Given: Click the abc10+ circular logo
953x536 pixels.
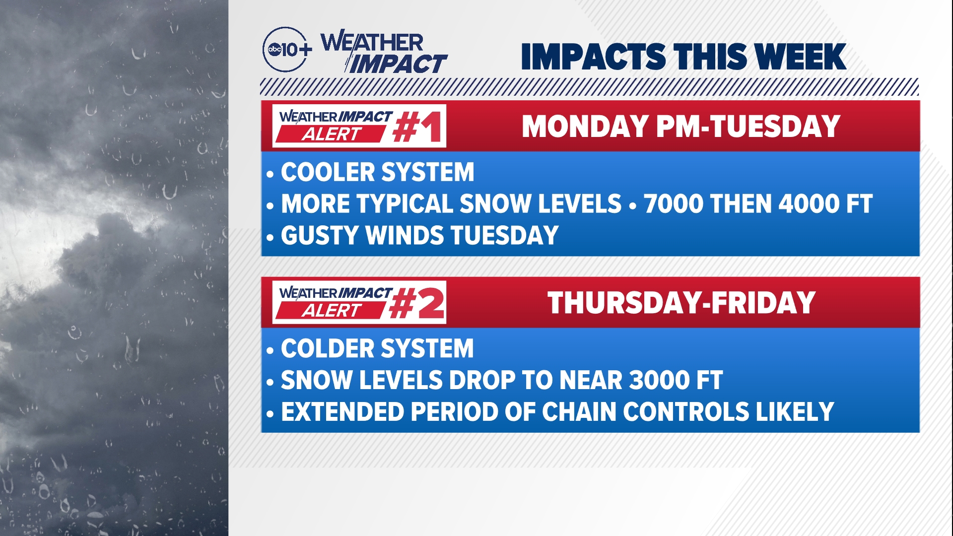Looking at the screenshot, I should [x=286, y=49].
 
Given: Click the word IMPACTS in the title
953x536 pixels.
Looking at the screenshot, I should [x=593, y=57].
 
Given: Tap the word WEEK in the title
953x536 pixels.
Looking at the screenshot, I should [x=802, y=57].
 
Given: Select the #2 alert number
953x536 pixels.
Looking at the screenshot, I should [x=417, y=303].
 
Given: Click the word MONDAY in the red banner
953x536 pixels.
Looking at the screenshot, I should [x=586, y=127].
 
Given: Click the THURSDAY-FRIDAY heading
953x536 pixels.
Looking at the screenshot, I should [x=681, y=303].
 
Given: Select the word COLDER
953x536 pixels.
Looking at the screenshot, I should [x=327, y=348].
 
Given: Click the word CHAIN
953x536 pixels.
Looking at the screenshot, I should [x=579, y=412].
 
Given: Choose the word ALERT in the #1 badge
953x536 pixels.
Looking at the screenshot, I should [x=332, y=134].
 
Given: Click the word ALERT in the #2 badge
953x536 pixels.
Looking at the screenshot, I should [x=332, y=311].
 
